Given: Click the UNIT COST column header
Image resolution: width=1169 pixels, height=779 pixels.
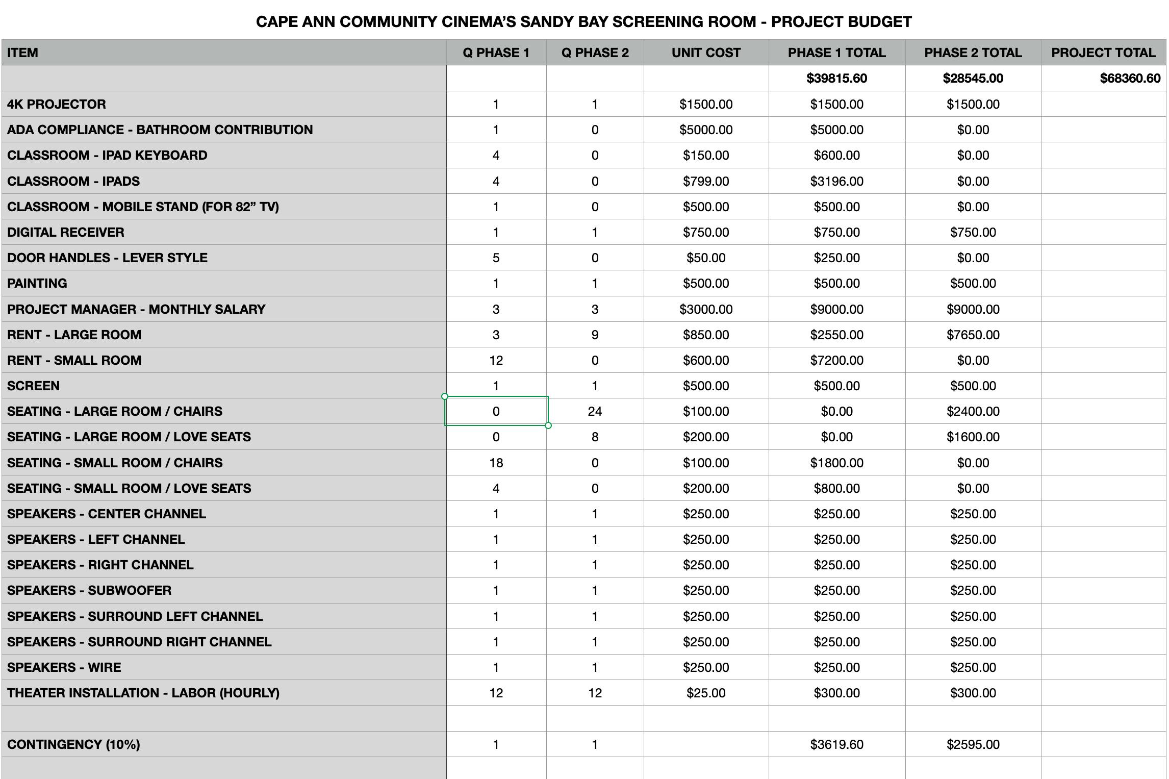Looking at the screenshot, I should click(706, 53).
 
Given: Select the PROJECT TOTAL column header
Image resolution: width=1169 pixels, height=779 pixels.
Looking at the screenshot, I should click(1103, 53).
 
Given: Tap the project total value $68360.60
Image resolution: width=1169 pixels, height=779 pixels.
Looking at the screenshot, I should click(1130, 79).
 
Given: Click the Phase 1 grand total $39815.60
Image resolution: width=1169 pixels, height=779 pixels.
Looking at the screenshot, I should click(836, 79).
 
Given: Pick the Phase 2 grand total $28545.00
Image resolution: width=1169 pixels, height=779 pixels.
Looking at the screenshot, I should click(973, 79).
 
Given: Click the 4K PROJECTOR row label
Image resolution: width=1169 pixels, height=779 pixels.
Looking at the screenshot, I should click(57, 105).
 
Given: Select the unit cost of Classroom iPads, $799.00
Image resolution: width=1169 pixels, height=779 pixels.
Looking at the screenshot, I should click(706, 182).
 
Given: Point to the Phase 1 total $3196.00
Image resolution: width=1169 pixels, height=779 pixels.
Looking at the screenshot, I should click(836, 182).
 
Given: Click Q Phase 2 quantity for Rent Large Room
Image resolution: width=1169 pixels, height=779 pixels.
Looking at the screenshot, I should click(595, 335).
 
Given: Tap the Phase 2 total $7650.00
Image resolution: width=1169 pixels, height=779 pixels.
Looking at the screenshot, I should click(973, 335).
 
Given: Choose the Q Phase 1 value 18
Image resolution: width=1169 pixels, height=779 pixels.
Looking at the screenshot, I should click(496, 463).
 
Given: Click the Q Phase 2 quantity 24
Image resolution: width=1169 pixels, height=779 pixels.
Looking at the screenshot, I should click(595, 412).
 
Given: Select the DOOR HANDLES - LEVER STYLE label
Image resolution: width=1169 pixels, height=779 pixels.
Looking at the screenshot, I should click(107, 258).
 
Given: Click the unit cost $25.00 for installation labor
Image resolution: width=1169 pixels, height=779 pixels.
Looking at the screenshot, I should click(706, 693).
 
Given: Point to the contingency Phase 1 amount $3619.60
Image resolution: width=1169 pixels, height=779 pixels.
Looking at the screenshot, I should click(836, 745).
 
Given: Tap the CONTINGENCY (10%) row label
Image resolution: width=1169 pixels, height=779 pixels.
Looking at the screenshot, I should click(73, 745).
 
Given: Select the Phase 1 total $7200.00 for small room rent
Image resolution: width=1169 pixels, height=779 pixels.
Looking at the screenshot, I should click(836, 361).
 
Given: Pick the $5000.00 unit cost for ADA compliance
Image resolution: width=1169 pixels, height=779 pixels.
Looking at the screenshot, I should click(706, 130).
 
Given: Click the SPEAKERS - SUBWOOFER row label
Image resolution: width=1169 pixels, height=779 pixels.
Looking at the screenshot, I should click(89, 591).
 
